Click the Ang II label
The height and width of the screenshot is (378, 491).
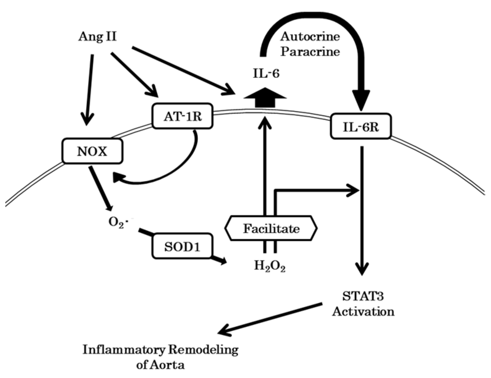coord(97,36)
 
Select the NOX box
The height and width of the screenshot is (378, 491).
coord(92,151)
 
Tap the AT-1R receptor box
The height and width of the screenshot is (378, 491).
coord(183,116)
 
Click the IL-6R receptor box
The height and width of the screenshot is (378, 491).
coord(361,126)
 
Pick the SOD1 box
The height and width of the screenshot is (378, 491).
coord(182,246)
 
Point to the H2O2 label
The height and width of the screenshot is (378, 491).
coord(270,266)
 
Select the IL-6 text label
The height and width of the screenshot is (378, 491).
coord(266,73)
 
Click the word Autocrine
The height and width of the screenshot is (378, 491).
coord(310,36)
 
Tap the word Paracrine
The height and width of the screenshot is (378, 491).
coord(310,52)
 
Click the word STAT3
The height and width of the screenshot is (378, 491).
coord(362,296)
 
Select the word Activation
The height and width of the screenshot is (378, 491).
coord(363,311)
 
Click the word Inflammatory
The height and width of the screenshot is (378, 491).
coord(124,350)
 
